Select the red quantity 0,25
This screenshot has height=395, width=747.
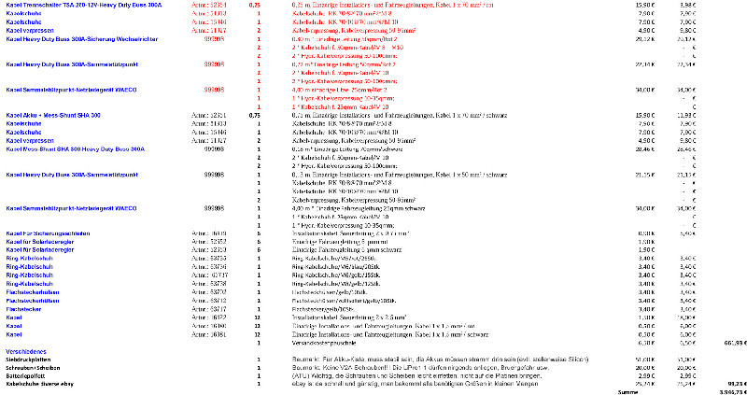tap(255, 5)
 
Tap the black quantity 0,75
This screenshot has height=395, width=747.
tap(255, 114)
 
